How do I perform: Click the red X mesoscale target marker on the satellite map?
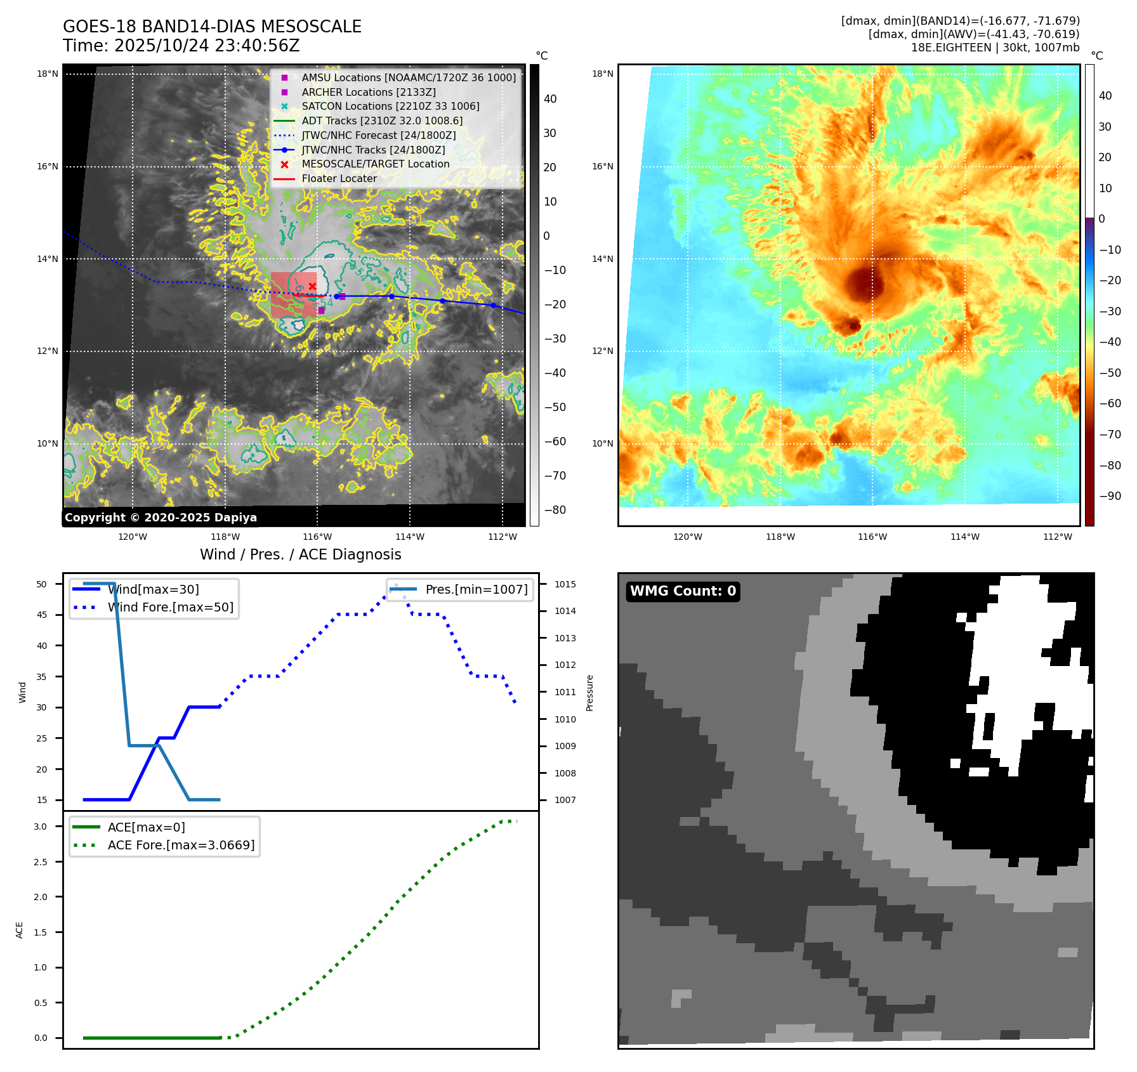pos(312,287)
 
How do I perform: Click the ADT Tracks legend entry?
pos(382,121)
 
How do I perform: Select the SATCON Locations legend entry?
pos(390,106)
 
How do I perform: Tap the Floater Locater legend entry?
pos(339,178)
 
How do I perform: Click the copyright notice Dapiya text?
pos(161,518)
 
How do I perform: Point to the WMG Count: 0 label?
pos(683,591)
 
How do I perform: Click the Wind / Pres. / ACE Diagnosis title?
pos(300,554)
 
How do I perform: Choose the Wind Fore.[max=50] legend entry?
pos(170,607)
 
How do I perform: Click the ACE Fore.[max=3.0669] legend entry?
pos(181,845)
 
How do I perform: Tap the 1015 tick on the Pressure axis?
pos(565,584)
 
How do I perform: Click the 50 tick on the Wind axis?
pos(42,584)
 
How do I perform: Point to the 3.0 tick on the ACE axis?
pos(41,827)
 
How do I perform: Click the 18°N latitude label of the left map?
pos(48,74)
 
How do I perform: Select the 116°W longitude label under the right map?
pos(872,537)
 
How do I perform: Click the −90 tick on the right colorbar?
pos(1110,496)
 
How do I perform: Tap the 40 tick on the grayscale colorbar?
pos(550,99)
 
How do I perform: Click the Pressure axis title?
pos(589,693)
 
